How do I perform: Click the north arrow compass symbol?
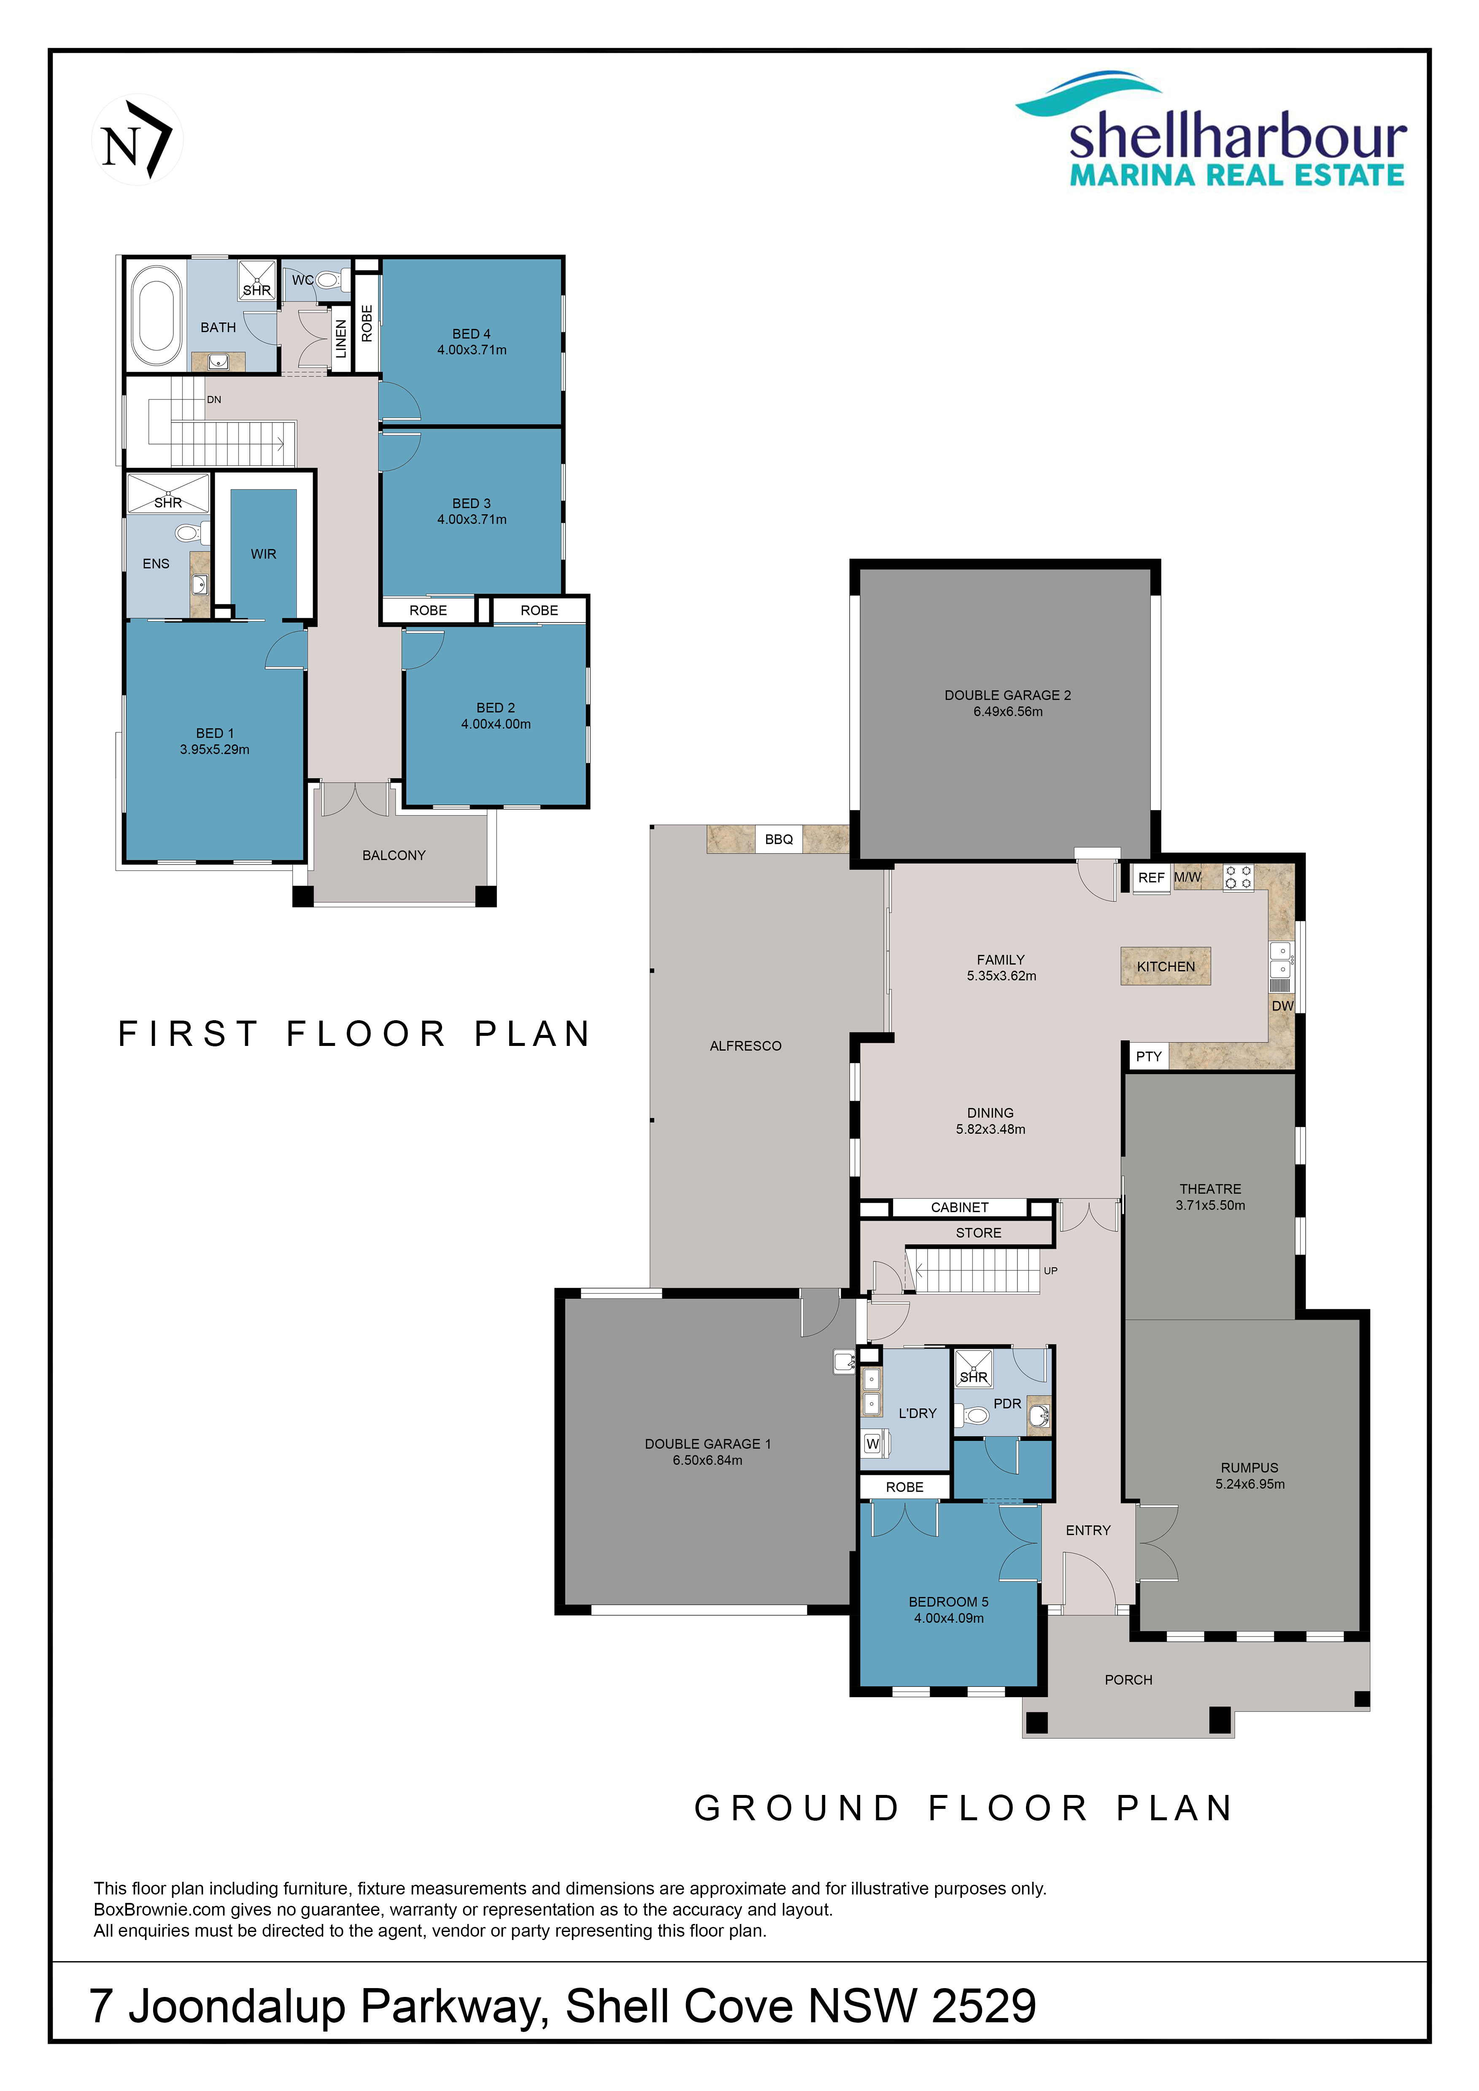[x=138, y=139]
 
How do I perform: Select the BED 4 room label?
[x=472, y=334]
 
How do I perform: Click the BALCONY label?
[x=394, y=855]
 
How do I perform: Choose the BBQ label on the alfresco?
[x=779, y=839]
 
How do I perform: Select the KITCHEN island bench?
[x=1166, y=966]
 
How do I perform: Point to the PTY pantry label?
[x=1148, y=1056]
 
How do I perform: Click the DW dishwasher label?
[x=1282, y=1005]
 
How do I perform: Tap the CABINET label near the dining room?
[x=960, y=1207]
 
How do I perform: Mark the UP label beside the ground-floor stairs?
[x=1051, y=1270]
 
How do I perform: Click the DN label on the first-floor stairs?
[x=214, y=400]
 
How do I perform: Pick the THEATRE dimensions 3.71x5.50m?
[x=1210, y=1205]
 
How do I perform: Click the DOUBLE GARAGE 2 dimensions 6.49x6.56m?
[x=1008, y=711]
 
